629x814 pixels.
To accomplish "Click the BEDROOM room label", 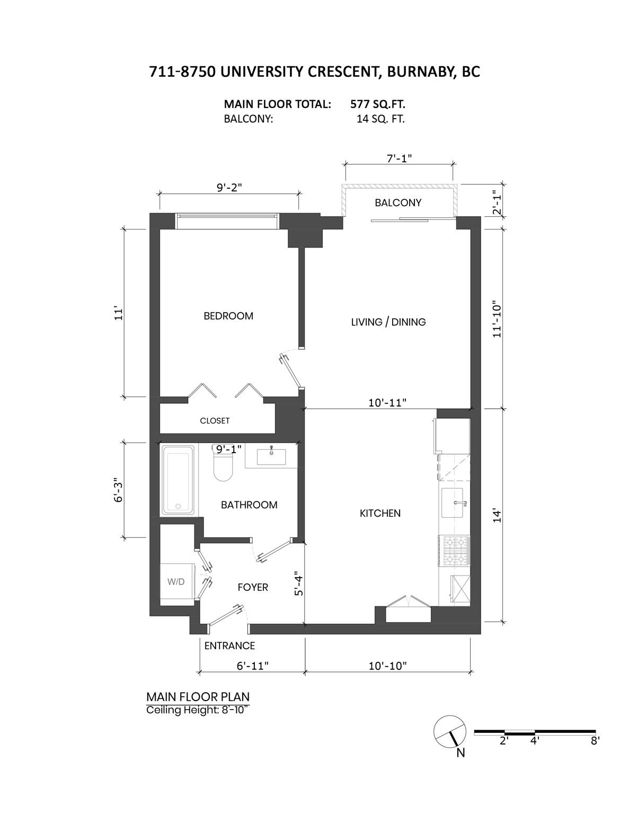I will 228,316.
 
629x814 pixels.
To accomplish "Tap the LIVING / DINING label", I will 388,322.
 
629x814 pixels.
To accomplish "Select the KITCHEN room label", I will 380,513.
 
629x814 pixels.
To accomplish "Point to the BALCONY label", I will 398,202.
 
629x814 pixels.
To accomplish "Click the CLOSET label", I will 215,421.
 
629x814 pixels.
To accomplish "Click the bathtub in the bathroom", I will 179,480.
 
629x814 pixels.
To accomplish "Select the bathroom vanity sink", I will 271,455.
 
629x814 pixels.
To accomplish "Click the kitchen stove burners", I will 454,551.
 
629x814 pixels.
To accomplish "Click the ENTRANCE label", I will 229,645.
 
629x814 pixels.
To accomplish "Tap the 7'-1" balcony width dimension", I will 398,158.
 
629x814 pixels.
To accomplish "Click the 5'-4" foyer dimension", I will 299,586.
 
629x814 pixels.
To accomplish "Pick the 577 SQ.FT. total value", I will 378,104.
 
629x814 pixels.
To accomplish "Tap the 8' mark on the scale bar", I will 595,741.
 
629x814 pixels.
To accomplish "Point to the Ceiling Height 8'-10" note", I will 198,711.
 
